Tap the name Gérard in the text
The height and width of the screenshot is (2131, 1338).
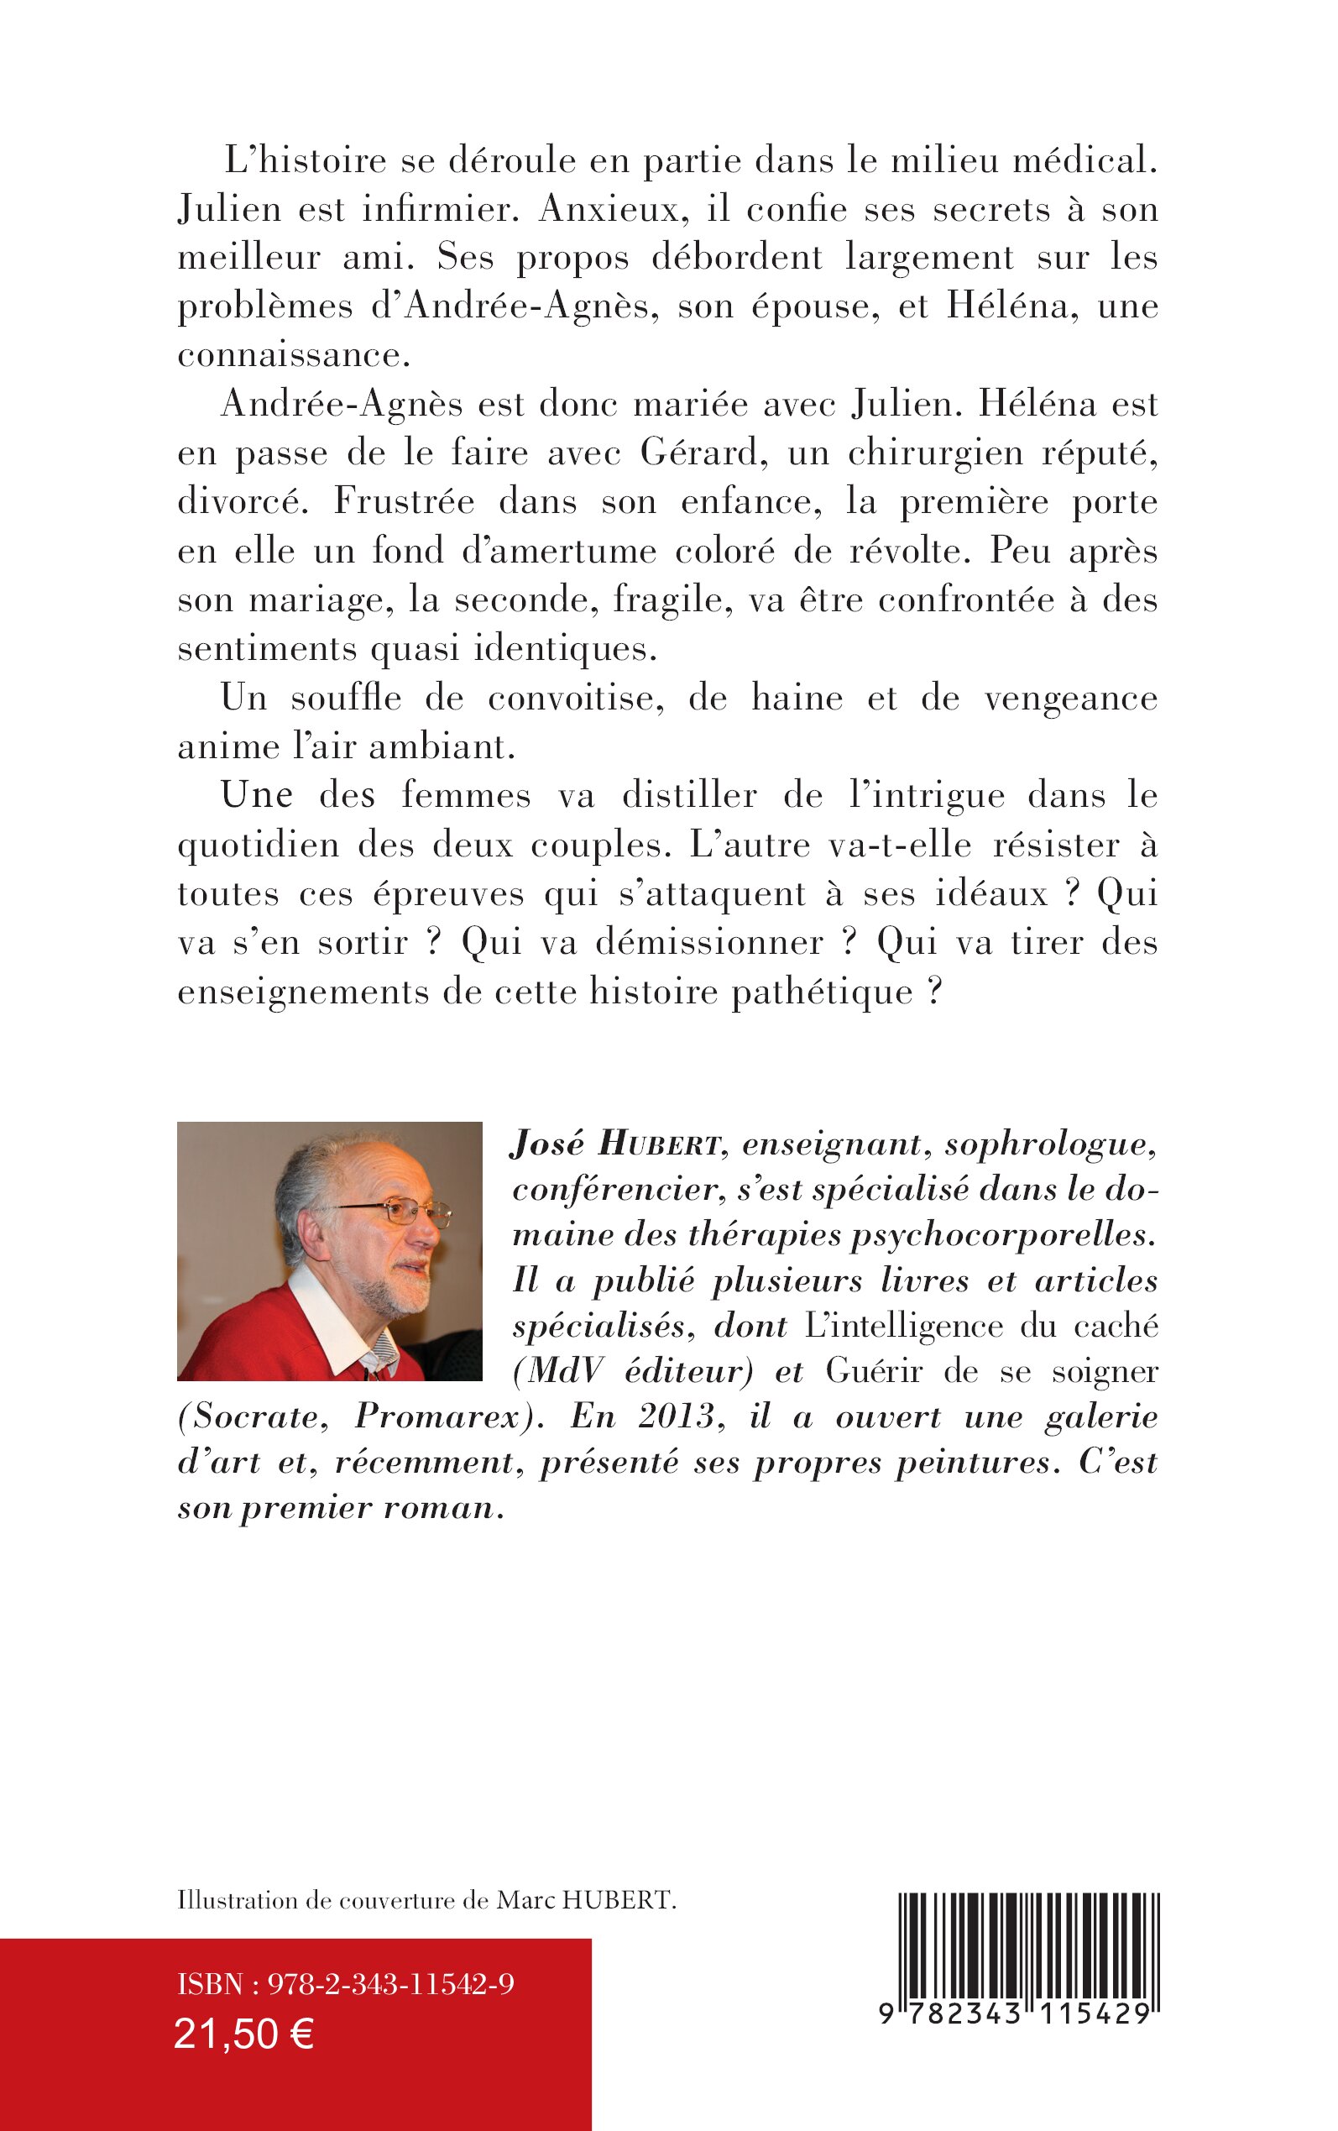click(x=699, y=453)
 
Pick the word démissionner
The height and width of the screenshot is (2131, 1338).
click(x=709, y=942)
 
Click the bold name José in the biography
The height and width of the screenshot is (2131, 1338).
click(x=546, y=1144)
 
